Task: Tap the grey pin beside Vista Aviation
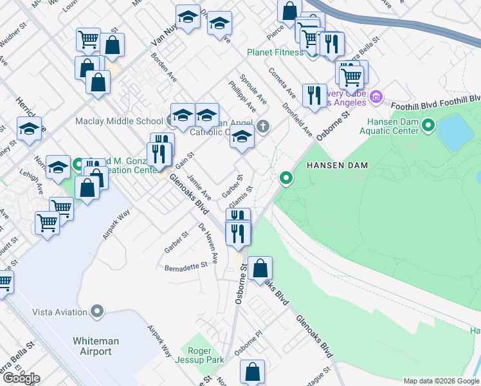[97, 312]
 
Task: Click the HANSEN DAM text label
[336, 165]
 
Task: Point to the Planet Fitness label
[275, 52]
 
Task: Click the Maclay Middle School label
[119, 121]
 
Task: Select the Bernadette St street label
[186, 266]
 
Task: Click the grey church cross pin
[262, 126]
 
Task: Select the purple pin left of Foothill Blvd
[376, 98]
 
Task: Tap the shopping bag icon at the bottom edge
[252, 372]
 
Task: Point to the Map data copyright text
[440, 381]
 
